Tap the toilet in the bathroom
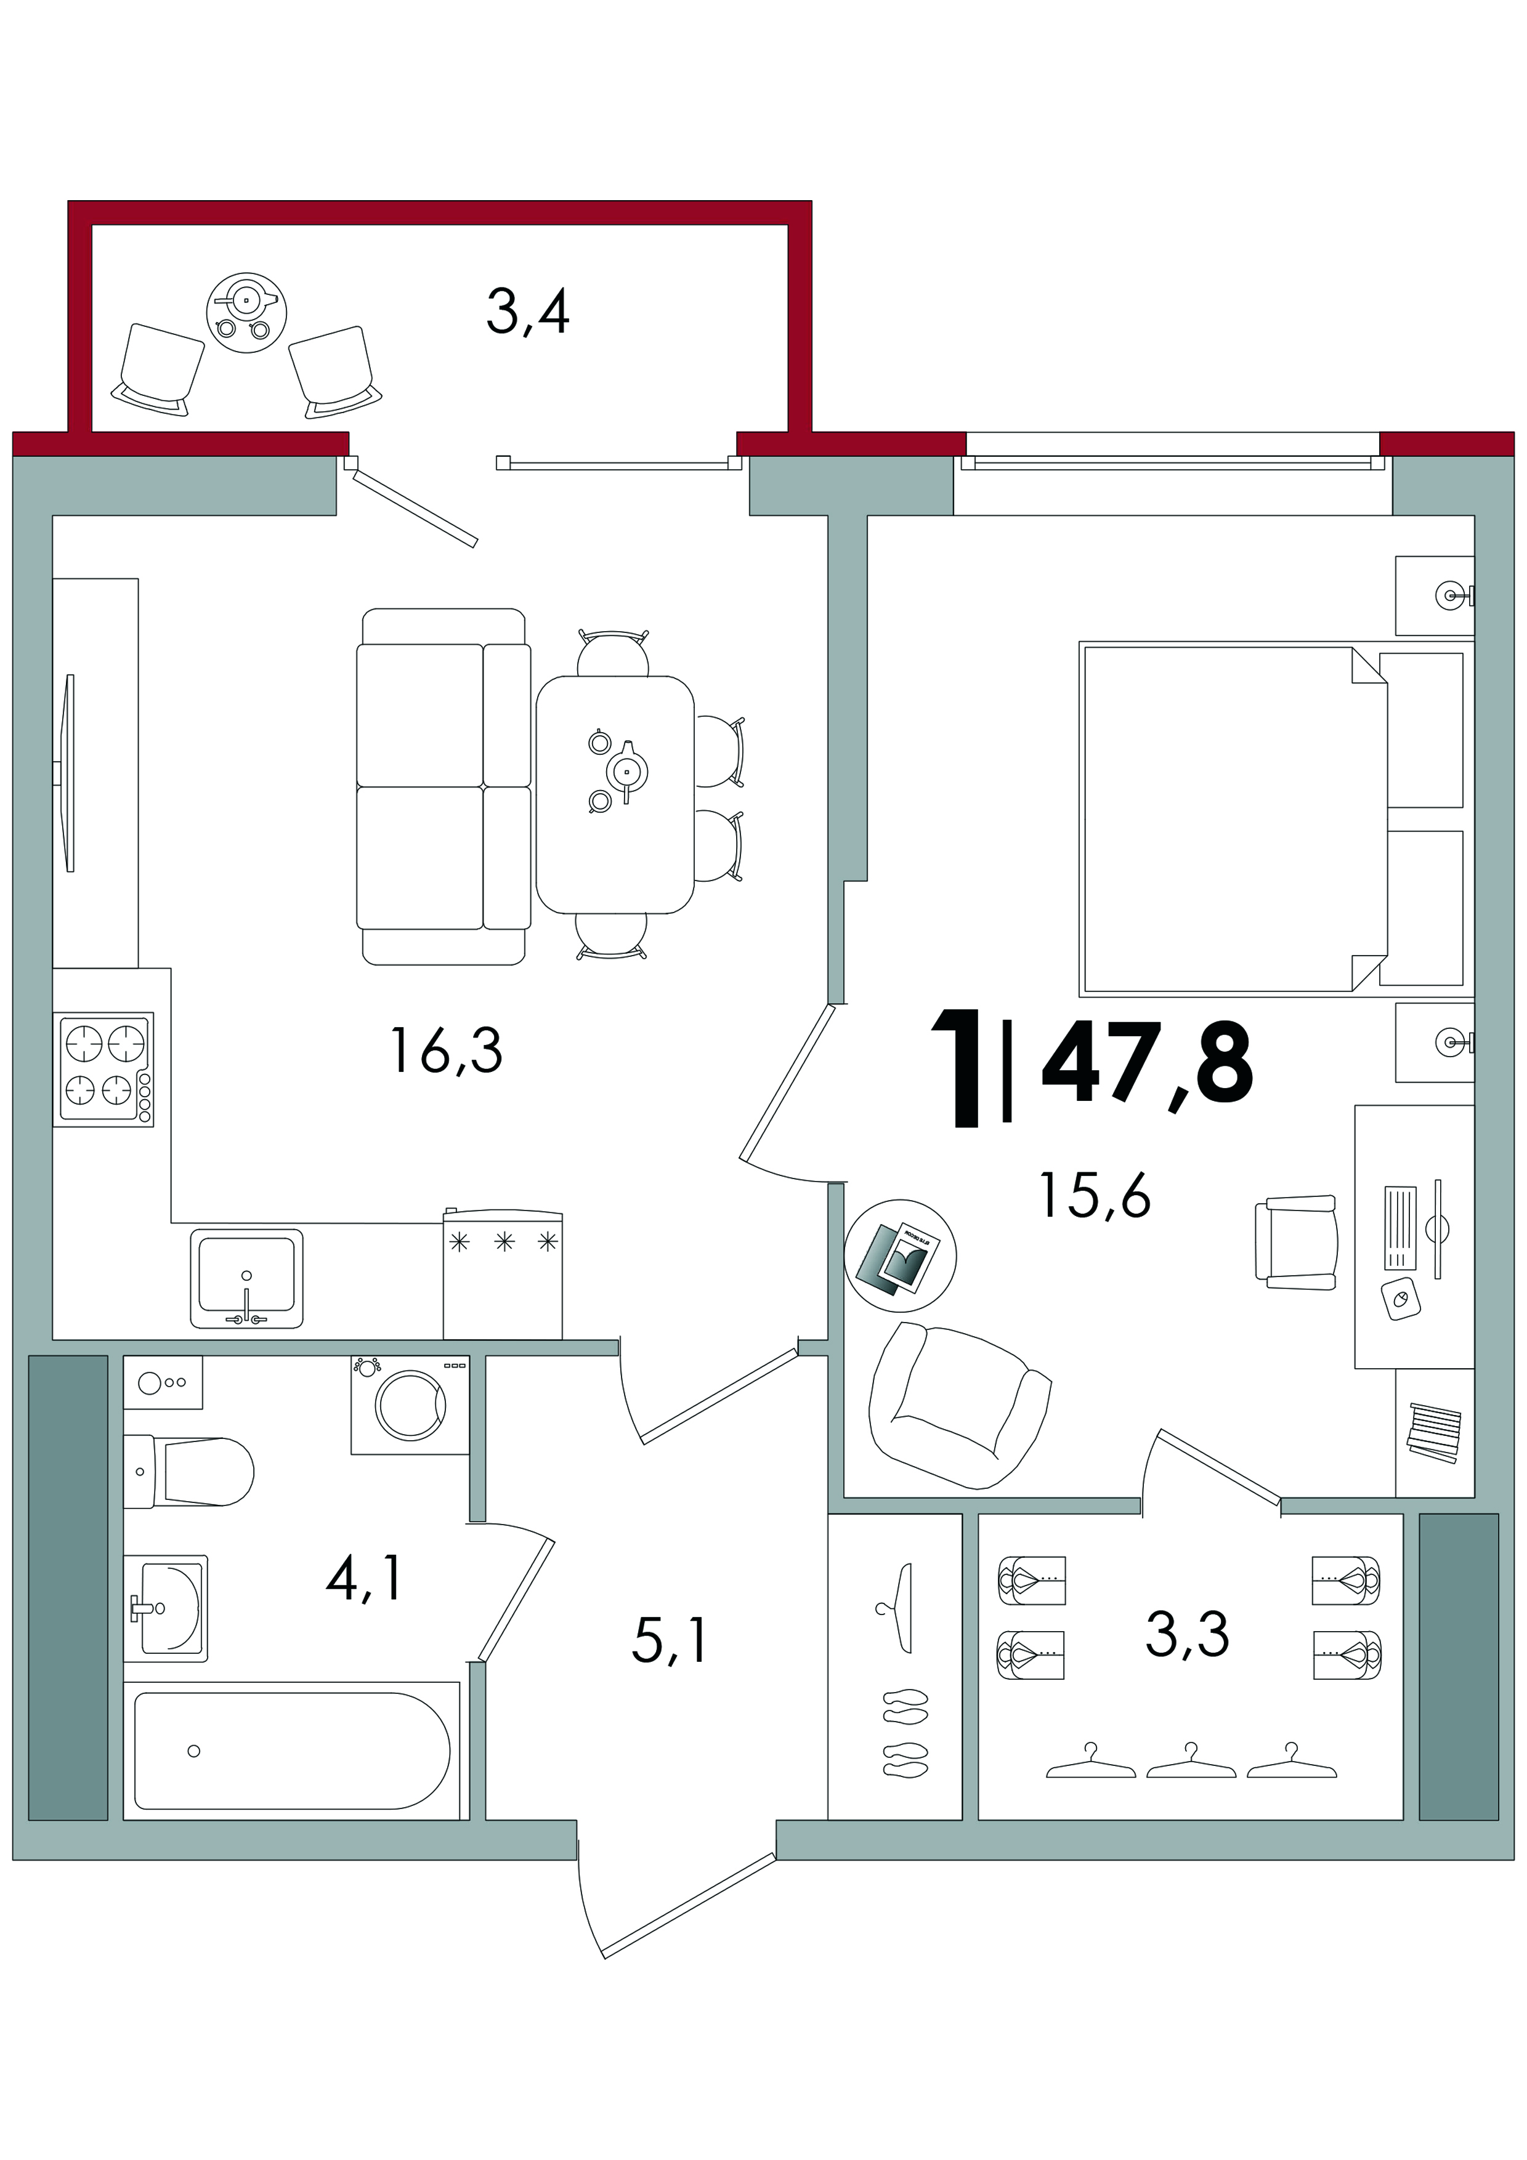188,1470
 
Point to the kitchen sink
246,1278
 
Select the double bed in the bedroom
1276,818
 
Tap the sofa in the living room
442,786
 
